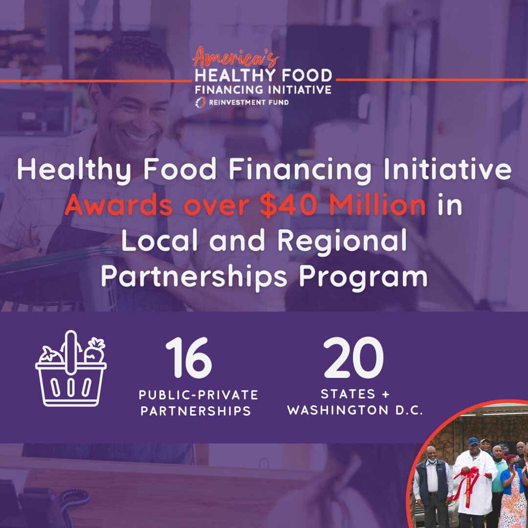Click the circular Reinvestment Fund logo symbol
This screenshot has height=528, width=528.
pos(199,102)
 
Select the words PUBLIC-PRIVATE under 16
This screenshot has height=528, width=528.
pos(198,395)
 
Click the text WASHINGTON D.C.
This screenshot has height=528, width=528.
pos(355,410)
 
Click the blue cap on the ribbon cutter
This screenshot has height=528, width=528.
pos(473,441)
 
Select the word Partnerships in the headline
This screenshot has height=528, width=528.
pos(194,277)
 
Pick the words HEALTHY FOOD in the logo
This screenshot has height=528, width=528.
pos(264,75)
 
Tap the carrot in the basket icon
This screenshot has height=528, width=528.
pos(94,351)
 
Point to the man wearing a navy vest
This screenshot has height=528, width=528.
pos(432,484)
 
